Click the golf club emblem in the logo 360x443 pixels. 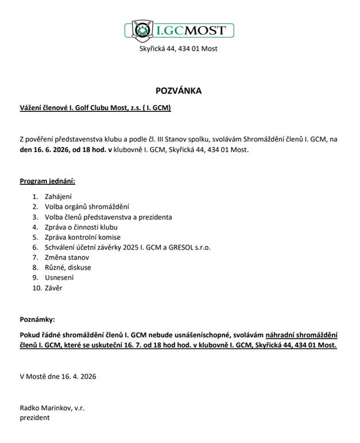tap(140, 30)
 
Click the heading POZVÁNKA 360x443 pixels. tap(179, 91)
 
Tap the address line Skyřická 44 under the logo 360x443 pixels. tap(179, 49)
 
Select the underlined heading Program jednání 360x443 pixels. tap(48, 181)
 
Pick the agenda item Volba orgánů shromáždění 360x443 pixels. tap(87, 207)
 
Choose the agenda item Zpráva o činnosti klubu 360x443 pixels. tap(85, 227)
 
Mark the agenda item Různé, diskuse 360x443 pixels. tap(68, 267)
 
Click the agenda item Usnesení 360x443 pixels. tap(59, 278)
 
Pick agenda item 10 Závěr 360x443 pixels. tap(53, 288)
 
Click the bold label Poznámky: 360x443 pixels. tap(38, 319)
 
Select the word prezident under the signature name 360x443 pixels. tap(35, 418)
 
